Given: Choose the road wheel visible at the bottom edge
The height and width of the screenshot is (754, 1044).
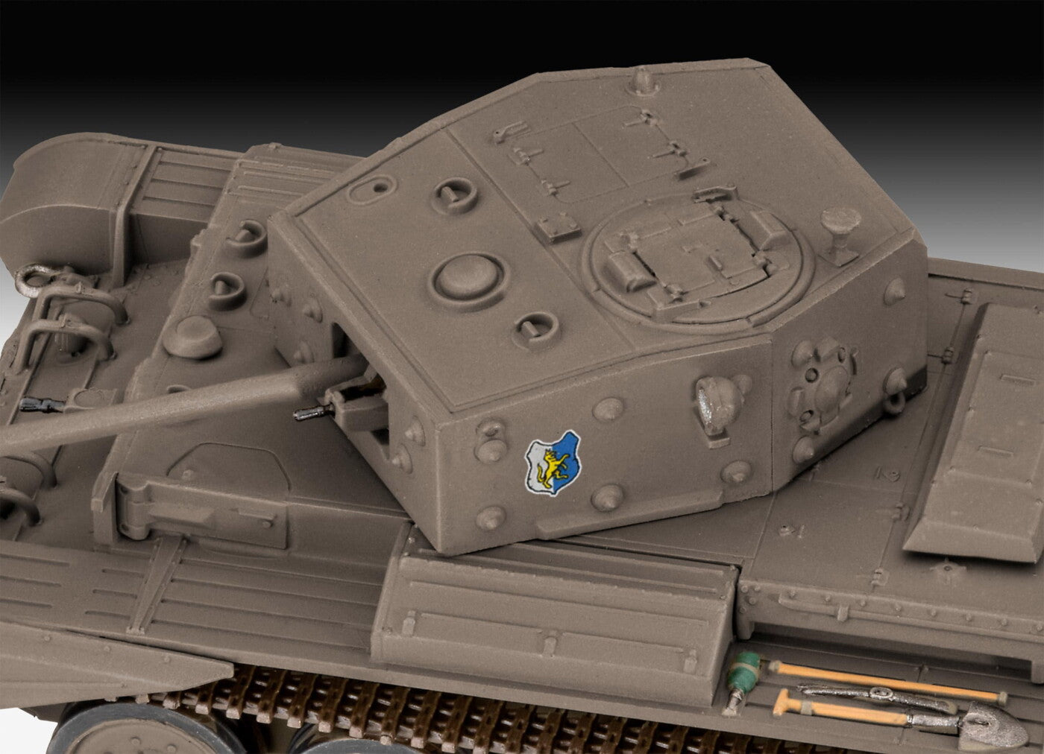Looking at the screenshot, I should [x=97, y=734].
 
